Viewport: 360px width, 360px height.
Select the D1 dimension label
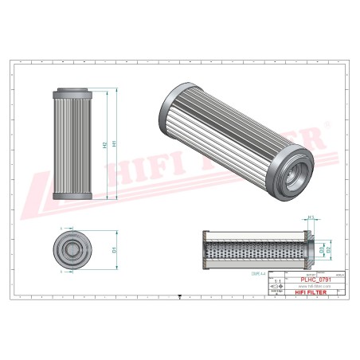click(x=115, y=250)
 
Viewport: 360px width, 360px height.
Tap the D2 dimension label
click(x=327, y=250)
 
